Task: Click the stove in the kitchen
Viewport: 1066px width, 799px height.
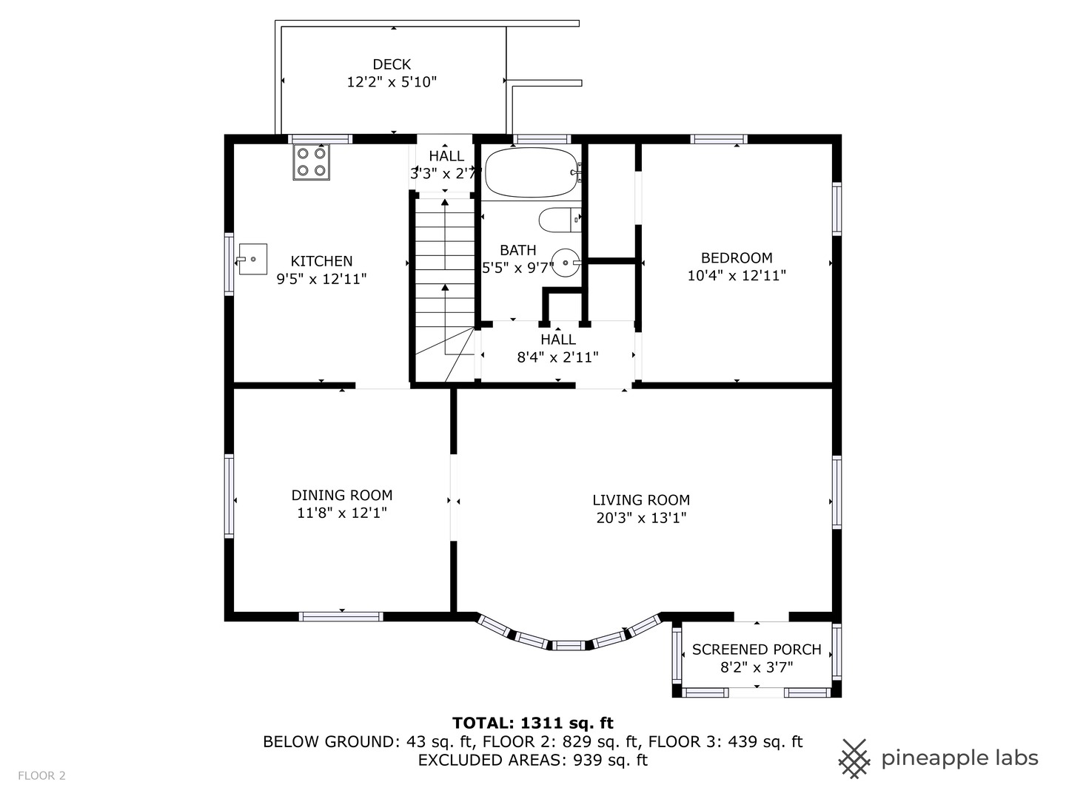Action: click(x=312, y=162)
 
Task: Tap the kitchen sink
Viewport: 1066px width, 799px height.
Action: click(x=252, y=259)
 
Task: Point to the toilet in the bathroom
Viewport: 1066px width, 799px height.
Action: click(x=560, y=220)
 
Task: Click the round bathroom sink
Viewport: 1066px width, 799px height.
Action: click(x=566, y=263)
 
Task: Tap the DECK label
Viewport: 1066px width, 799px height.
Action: click(x=392, y=64)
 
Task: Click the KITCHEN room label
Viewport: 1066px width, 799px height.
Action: click(x=321, y=261)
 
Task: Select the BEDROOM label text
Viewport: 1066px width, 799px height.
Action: click(x=737, y=257)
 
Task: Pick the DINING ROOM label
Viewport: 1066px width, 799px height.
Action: click(x=342, y=495)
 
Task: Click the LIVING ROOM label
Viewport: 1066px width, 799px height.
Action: click(x=641, y=499)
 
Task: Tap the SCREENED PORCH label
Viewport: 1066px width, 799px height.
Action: click(x=757, y=649)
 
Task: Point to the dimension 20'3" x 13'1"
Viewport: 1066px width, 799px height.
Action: click(x=641, y=518)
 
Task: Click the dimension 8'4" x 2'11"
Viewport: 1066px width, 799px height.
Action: click(x=557, y=357)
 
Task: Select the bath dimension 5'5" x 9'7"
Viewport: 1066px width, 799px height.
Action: click(x=517, y=268)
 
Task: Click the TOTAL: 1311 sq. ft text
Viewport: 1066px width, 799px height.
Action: click(x=533, y=723)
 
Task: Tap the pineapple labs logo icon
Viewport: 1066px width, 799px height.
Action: click(x=855, y=758)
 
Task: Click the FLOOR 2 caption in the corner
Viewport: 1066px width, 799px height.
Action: click(x=41, y=776)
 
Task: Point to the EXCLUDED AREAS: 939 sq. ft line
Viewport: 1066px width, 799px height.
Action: click(x=533, y=760)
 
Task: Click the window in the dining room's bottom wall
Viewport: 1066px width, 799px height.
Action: click(x=341, y=616)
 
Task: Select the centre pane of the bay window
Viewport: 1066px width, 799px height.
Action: click(x=569, y=645)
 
